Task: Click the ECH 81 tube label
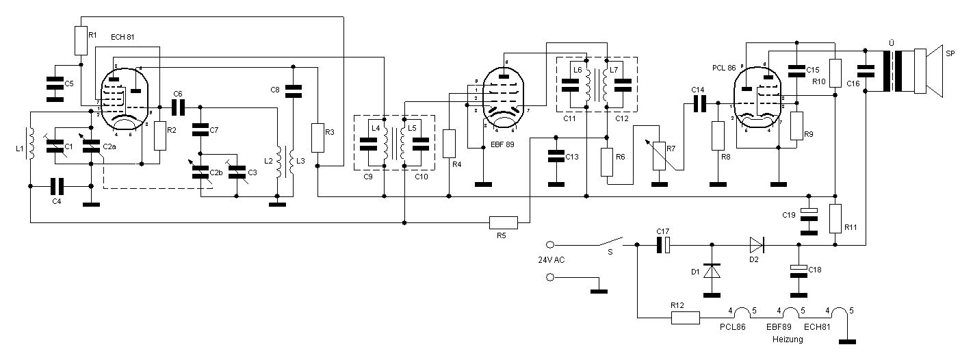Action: (122, 36)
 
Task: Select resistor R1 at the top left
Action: (81, 41)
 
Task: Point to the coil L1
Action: (30, 144)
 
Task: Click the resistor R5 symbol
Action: (504, 222)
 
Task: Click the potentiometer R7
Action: (660, 155)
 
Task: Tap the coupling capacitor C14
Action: (699, 103)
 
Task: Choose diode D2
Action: (757, 244)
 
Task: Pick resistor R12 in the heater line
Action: (686, 318)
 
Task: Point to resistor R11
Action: (835, 218)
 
